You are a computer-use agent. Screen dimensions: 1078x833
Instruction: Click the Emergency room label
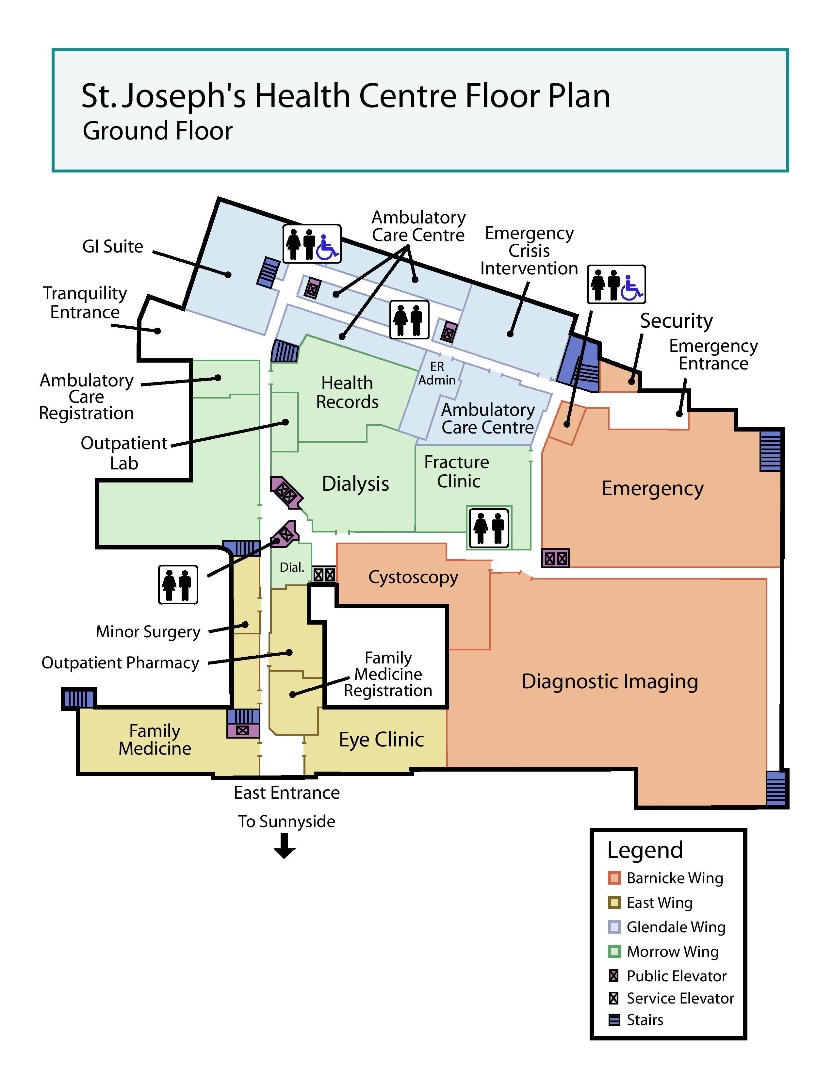click(x=652, y=489)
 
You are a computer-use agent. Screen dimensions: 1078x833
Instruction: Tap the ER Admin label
click(x=437, y=373)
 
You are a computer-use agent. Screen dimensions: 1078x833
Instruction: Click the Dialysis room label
click(x=355, y=484)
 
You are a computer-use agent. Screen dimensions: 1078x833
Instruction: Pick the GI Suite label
click(x=112, y=246)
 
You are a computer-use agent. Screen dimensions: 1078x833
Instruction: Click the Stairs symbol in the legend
click(x=614, y=1020)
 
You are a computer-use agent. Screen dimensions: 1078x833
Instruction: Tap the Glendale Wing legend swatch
click(x=614, y=927)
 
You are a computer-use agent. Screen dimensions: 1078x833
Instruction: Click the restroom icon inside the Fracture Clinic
click(x=489, y=528)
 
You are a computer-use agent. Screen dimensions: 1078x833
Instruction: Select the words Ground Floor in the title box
click(x=157, y=131)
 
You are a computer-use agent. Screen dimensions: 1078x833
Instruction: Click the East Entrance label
click(x=287, y=793)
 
